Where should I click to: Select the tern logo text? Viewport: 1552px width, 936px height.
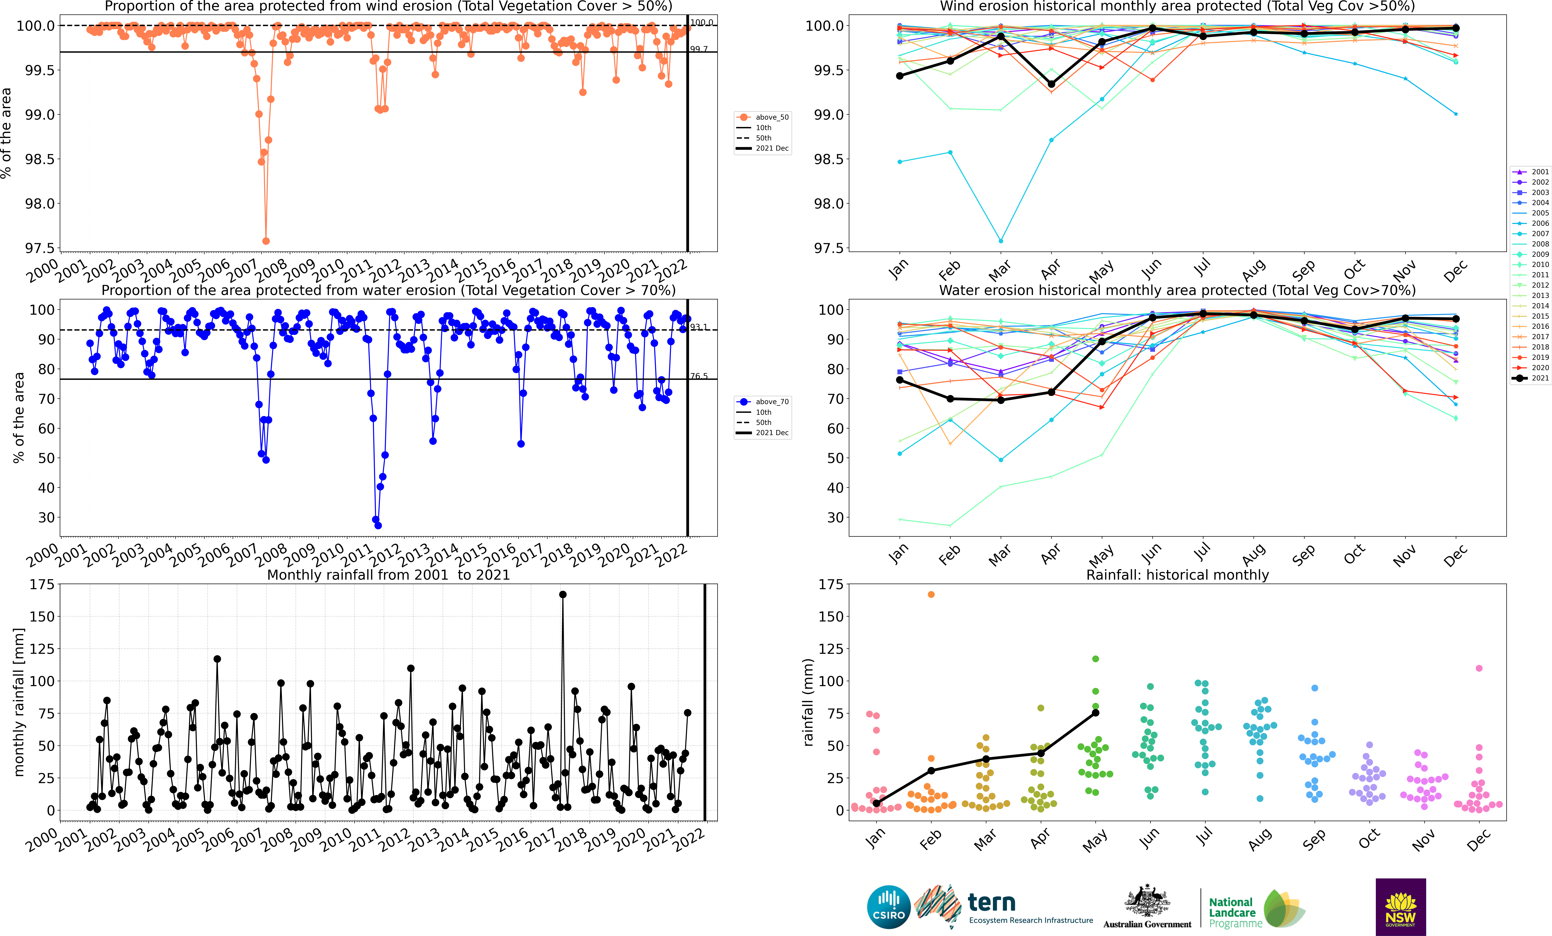click(x=991, y=903)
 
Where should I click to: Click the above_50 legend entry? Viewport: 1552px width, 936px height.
click(x=762, y=117)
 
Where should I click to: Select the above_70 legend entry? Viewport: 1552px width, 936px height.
click(x=762, y=402)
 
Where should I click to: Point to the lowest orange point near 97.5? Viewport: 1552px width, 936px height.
click(x=266, y=241)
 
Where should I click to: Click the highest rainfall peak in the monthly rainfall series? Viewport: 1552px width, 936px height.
click(x=562, y=594)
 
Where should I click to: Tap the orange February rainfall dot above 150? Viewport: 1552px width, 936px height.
click(x=931, y=594)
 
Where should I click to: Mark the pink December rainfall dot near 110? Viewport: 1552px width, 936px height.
click(x=1479, y=668)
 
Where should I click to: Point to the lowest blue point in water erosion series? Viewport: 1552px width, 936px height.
click(x=378, y=526)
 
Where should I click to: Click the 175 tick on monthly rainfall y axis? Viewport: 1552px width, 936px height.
click(x=42, y=585)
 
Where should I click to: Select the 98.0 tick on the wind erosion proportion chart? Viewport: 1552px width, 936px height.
click(x=40, y=204)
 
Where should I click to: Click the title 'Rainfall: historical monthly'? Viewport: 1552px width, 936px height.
click(x=1177, y=575)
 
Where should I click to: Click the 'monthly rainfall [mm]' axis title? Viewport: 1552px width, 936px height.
click(x=19, y=702)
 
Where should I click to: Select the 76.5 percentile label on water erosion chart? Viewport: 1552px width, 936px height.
click(x=699, y=376)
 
